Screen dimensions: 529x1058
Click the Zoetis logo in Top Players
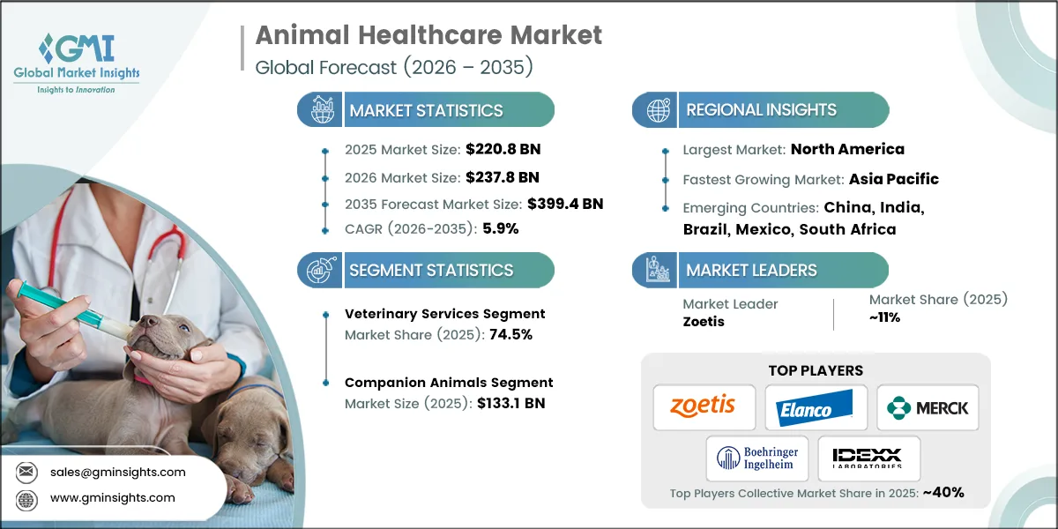click(704, 407)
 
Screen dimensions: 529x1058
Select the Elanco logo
click(816, 407)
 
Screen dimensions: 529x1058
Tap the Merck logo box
click(928, 407)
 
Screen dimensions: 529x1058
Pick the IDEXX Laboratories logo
click(868, 458)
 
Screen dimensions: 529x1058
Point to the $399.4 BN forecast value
click(565, 204)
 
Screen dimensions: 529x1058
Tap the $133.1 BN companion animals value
click(506, 403)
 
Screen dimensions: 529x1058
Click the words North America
click(847, 149)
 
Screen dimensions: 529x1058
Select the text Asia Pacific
click(893, 179)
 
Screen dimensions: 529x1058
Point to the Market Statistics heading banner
click(426, 110)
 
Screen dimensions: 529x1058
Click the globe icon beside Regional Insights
click(657, 110)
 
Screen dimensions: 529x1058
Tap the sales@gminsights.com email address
click(118, 472)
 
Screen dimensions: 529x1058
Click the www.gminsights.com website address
click(113, 498)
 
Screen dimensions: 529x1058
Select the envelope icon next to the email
click(26, 472)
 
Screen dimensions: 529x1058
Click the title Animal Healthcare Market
click(428, 35)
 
